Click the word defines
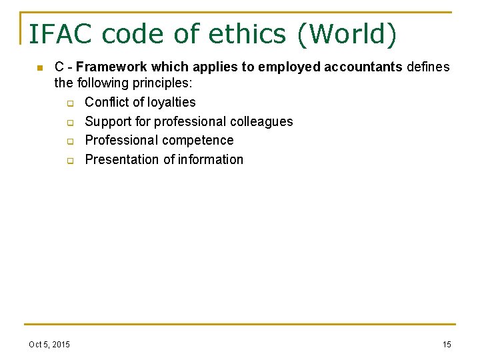428,67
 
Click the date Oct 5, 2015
49,344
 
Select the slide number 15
447,344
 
